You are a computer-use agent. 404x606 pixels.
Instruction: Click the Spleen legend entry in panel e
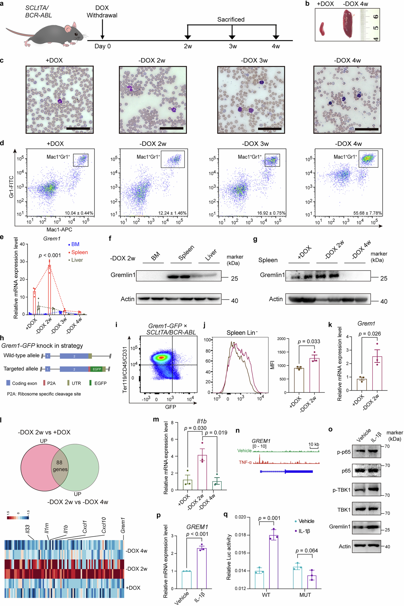pos(79,252)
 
